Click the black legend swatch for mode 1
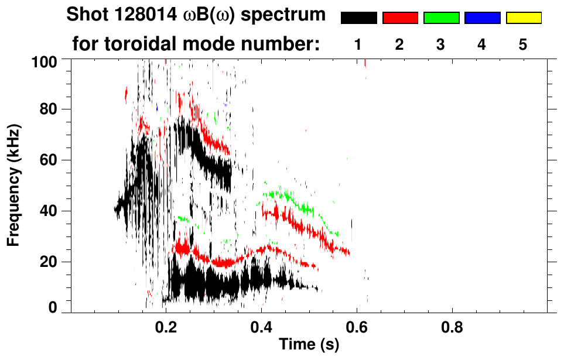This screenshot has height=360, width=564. point(358,18)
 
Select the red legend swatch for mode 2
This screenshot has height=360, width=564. point(400,18)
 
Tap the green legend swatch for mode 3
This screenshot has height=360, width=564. point(441,18)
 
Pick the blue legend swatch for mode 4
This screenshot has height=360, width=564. point(482,18)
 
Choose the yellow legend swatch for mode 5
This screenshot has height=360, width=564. point(523,18)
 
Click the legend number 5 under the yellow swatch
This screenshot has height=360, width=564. point(523,44)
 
